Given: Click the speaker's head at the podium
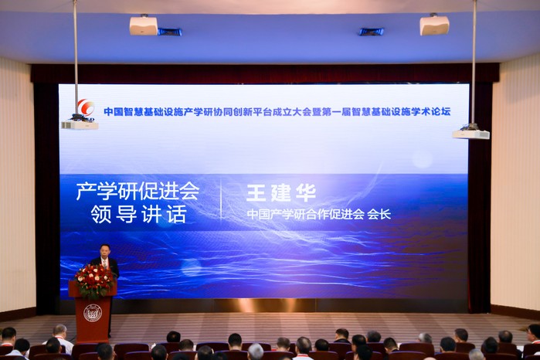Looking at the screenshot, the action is pos(105,251).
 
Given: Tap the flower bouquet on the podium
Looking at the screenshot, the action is pos(94,280).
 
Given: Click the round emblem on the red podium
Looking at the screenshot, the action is pos(93,313).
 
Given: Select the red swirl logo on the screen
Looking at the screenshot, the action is pos(86,107).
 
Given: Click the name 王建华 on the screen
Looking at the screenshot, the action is pos(281,193).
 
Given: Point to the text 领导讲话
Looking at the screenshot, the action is pos(138,214).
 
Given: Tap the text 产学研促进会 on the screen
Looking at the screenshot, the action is pos(138,191).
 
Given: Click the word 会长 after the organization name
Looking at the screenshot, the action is pos(379,214).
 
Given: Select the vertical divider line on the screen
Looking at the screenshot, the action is pos(221,199).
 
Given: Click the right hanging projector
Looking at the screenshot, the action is pos(470,134).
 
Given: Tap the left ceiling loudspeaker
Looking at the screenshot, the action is pos(143,25).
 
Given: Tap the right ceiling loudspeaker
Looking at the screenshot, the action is pos(434,25).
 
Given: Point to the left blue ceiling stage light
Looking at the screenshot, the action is pos(170,32).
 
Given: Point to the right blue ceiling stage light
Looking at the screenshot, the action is pos(372,32).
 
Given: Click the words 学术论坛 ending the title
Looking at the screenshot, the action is pos(431,111).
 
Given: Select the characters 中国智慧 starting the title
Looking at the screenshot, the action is pos(124,112).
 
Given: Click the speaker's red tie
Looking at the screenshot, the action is pos(106,263).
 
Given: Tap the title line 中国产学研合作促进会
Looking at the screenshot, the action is pos(306,214).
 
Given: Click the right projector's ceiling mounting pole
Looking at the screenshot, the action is pos(474,62).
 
